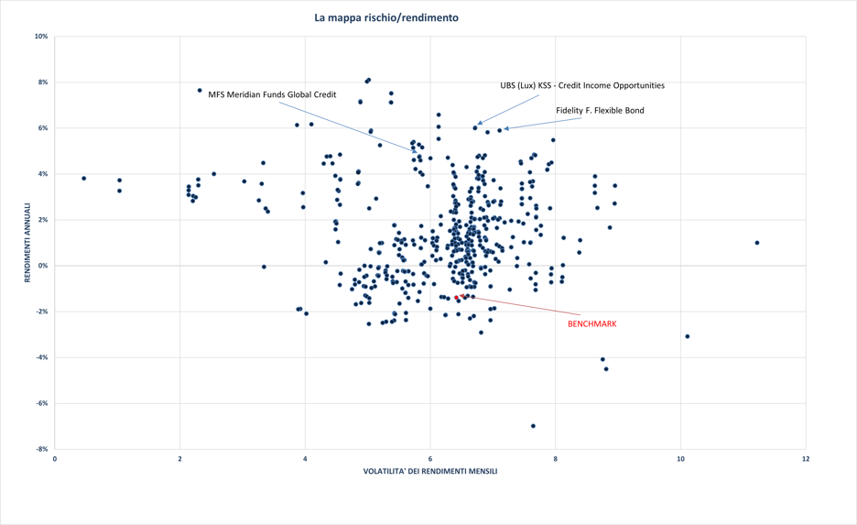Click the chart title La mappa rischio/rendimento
[x=385, y=17]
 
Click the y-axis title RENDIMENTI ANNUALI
[x=28, y=242]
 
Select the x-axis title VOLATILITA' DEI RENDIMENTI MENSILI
[x=430, y=472]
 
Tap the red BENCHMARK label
[x=591, y=323]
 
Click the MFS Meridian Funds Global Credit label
[x=272, y=94]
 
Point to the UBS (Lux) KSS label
[x=581, y=85]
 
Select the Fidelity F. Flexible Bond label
[x=600, y=111]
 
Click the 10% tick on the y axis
[x=41, y=37]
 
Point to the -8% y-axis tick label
[x=41, y=449]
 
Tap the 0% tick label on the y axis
[x=43, y=266]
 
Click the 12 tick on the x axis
[x=805, y=458]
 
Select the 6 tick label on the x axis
[x=430, y=458]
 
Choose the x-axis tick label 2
[x=179, y=458]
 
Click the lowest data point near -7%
[x=533, y=426]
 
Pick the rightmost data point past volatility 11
[x=757, y=243]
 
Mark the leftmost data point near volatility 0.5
[x=83, y=179]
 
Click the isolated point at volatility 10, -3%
[x=687, y=336]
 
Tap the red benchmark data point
[x=458, y=298]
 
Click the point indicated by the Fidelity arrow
[x=499, y=130]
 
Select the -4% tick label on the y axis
[x=41, y=357]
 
